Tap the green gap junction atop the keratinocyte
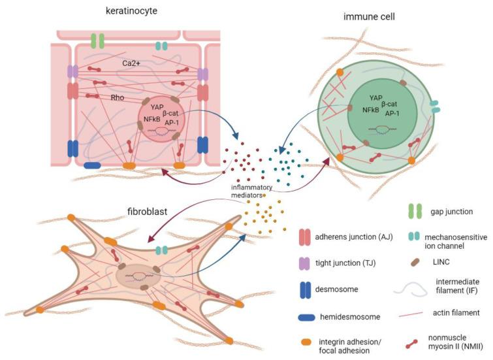coord(97,41)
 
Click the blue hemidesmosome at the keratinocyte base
coord(92,165)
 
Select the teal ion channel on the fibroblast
coord(161,250)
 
